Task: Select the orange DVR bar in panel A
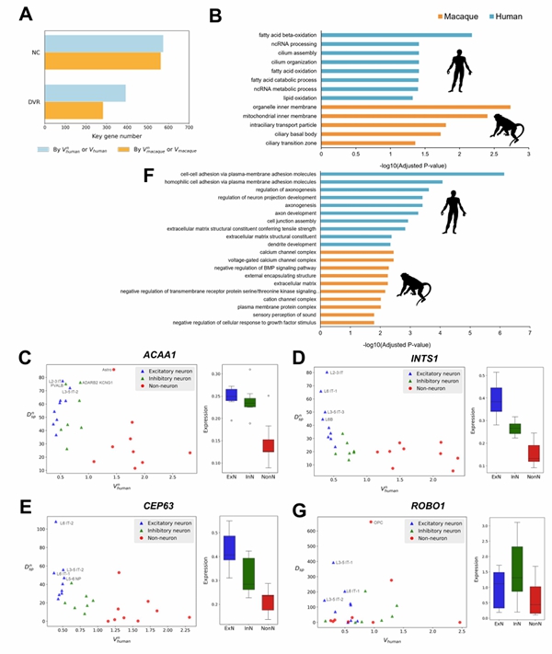pyautogui.click(x=74, y=110)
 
